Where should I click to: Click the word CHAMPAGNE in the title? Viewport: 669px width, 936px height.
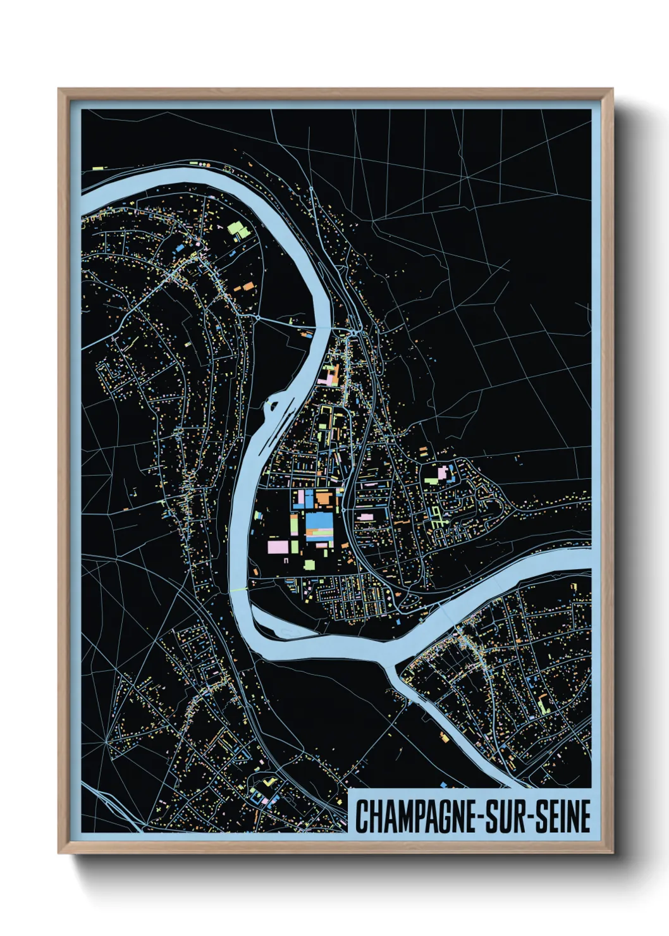(414, 816)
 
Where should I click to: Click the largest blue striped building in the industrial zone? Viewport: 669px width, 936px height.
(319, 524)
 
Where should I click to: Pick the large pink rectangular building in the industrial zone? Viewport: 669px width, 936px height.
(278, 546)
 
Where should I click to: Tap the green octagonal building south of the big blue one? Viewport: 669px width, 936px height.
(309, 564)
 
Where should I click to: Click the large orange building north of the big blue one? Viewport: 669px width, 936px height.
(323, 498)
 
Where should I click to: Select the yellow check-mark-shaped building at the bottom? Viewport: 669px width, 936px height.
(271, 782)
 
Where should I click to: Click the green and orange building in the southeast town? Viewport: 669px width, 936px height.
(542, 702)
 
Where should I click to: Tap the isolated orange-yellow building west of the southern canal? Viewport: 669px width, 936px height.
(445, 737)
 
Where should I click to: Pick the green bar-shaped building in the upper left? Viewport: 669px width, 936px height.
(97, 169)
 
